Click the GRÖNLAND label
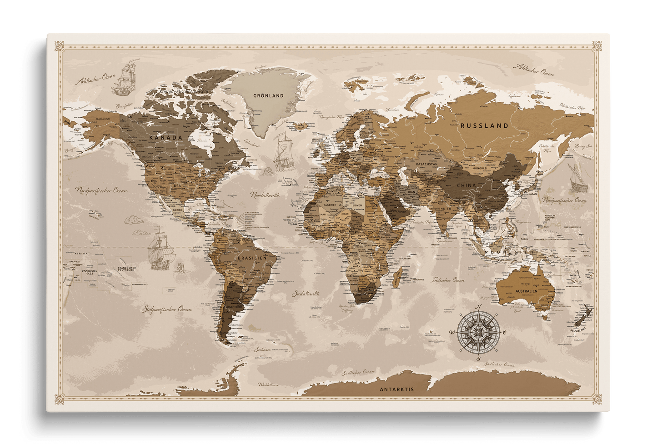coord(268,96)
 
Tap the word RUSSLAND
coord(484,126)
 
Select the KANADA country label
coord(166,137)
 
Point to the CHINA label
coord(466,185)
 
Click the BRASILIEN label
coord(248,258)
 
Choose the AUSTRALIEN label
coord(526,291)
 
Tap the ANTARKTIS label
coord(396,389)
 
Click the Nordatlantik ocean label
coord(264,195)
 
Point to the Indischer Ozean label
coord(448,280)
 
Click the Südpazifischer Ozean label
coord(166,309)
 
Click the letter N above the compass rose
coord(478,308)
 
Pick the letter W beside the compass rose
coord(451,333)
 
